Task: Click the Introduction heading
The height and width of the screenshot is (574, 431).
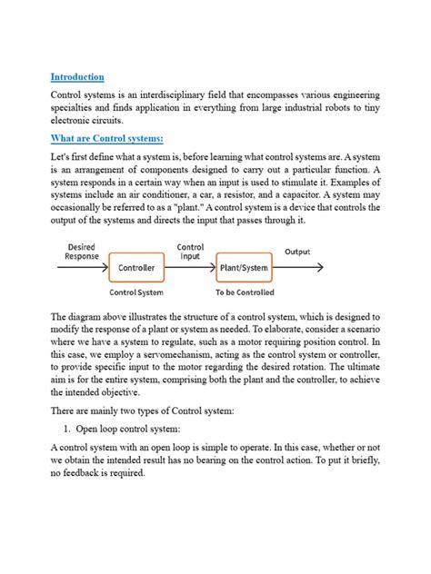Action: click(77, 77)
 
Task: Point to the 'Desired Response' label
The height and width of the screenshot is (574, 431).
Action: click(82, 252)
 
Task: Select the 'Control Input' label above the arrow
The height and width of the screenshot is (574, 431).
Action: click(190, 252)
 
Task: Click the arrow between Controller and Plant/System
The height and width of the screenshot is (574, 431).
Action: click(191, 268)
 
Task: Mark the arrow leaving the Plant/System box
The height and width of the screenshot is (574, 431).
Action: click(300, 268)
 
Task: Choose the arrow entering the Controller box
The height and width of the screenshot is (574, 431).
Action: click(85, 268)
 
